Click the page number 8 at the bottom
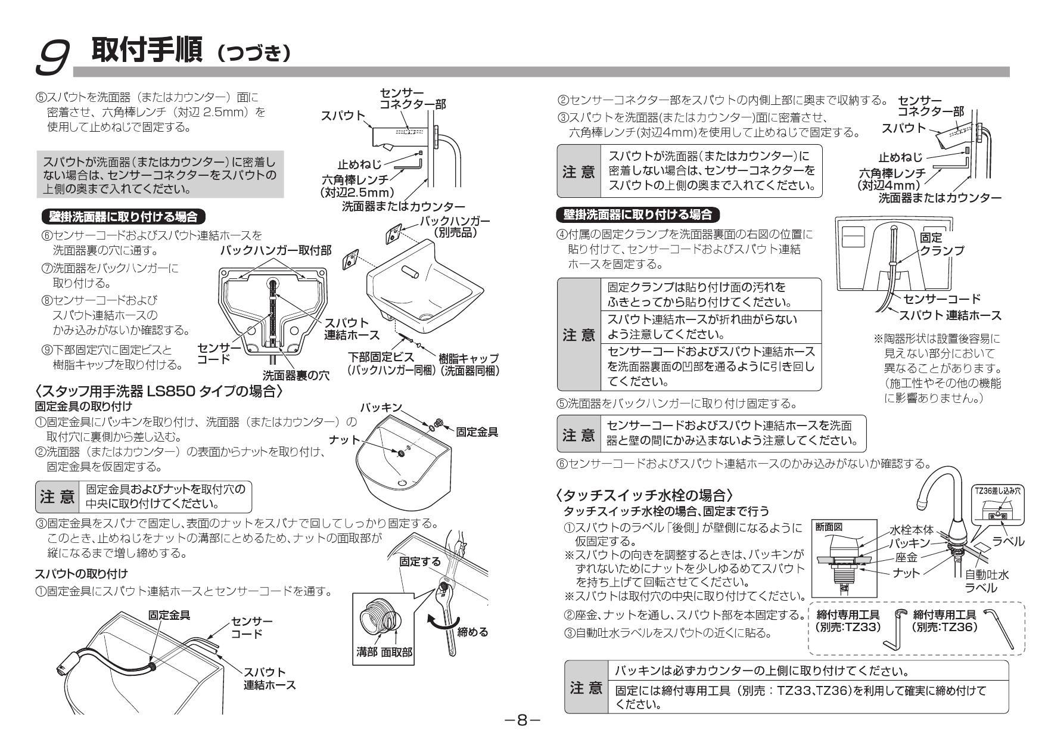522,721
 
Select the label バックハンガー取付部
276,250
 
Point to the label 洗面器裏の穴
296,376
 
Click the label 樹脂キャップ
468,358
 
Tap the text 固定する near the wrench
421,561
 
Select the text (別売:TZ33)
847,627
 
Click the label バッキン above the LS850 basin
381,408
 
